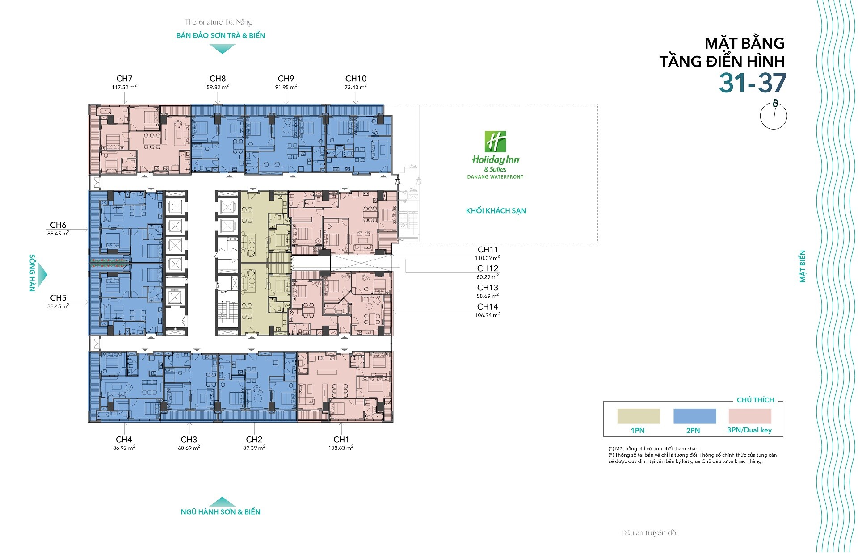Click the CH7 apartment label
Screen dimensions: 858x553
click(x=124, y=79)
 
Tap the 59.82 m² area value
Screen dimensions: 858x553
click(x=218, y=87)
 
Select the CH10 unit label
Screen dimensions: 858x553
click(x=356, y=79)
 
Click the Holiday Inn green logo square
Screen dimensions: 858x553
click(x=496, y=142)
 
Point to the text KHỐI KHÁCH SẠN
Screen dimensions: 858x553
click(x=496, y=211)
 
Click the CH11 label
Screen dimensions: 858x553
click(x=488, y=250)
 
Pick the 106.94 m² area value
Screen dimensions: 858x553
click(x=487, y=315)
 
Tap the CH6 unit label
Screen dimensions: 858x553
click(x=58, y=225)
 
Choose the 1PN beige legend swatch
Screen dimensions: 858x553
click(x=639, y=416)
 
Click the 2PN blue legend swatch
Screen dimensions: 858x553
click(x=695, y=416)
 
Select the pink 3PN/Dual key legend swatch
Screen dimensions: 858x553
click(x=750, y=416)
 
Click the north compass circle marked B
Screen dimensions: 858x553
click(x=774, y=116)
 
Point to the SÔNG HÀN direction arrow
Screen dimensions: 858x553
click(x=42, y=274)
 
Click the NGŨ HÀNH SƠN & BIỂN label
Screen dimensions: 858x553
click(x=221, y=512)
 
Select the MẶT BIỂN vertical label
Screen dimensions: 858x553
click(x=803, y=266)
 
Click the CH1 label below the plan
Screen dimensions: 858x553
click(x=341, y=440)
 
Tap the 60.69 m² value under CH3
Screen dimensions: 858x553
click(x=189, y=448)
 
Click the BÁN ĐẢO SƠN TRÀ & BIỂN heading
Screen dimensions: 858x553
click(x=221, y=35)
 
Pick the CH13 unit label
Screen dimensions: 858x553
click(x=488, y=288)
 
